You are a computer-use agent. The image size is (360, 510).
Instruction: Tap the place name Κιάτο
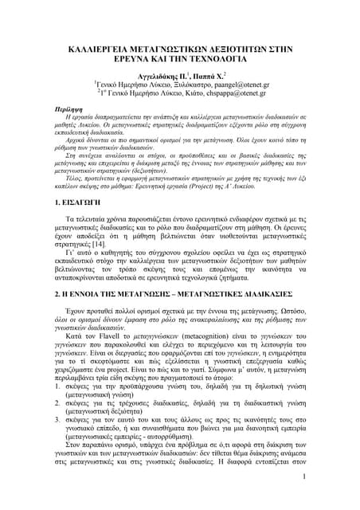193,92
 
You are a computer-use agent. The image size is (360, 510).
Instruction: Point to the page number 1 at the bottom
304,499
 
